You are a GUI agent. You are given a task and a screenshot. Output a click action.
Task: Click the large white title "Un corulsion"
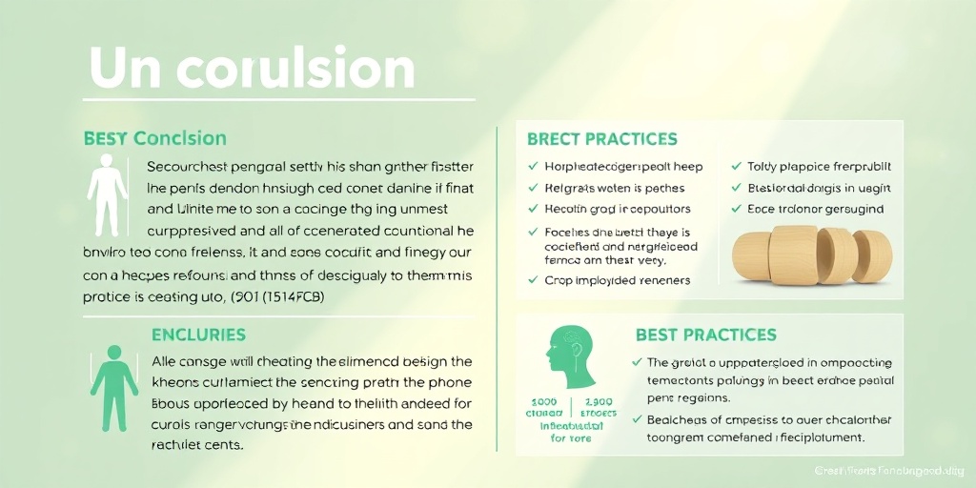pos(252,69)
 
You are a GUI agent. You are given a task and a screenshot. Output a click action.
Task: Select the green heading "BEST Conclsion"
pos(154,139)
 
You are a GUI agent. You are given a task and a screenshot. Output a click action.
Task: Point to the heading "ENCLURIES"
pos(198,335)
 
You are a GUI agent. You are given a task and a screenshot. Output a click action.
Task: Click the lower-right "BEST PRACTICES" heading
pos(705,335)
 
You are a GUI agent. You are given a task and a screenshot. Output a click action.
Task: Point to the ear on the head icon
pos(577,354)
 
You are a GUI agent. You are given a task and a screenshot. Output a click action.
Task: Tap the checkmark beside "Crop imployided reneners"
pos(533,280)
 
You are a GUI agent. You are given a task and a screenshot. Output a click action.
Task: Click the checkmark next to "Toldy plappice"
pos(737,167)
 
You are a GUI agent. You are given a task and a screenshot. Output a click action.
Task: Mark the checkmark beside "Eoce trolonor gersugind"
pos(737,209)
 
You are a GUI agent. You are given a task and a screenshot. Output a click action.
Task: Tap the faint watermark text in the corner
pos(890,470)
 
